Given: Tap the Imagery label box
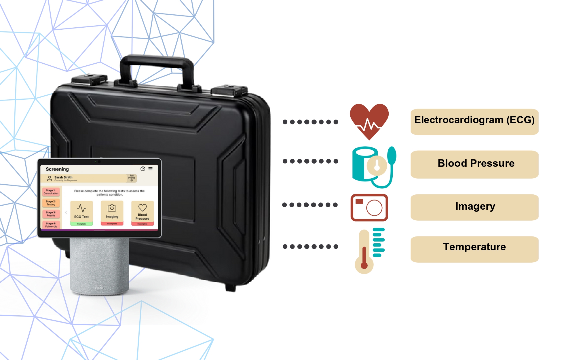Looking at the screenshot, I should click(474, 207).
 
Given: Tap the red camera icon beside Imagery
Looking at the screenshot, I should click(369, 207).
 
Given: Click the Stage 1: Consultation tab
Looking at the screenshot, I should click(51, 192).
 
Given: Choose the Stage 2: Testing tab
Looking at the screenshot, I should click(51, 203).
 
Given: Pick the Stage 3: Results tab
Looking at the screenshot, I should click(51, 214).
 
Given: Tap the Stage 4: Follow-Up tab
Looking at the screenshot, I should click(51, 225).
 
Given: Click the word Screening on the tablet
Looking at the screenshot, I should click(57, 169).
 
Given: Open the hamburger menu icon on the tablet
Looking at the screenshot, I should click(150, 169).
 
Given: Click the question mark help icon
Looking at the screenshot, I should click(143, 169).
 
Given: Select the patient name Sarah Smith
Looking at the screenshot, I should click(63, 177).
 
